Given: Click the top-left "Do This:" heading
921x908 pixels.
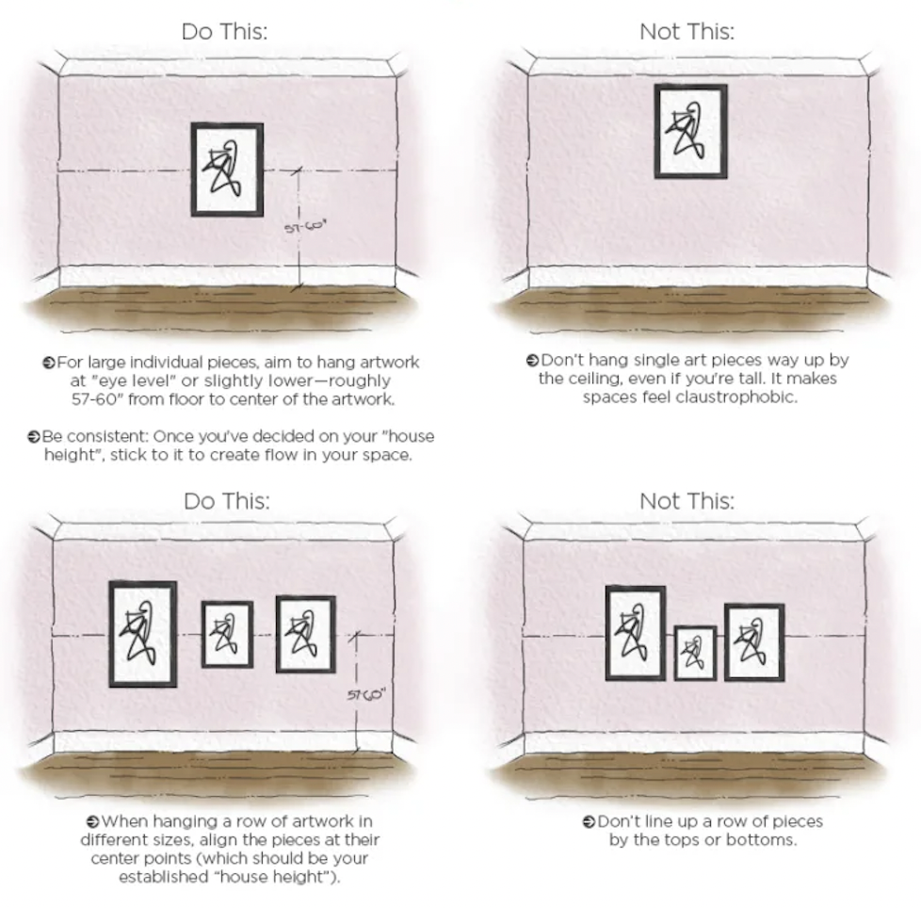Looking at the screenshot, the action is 224,32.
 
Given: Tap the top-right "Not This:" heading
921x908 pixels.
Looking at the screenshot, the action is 687,32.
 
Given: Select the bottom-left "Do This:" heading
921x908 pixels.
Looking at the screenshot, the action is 227,501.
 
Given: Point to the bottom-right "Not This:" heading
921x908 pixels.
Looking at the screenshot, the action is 687,501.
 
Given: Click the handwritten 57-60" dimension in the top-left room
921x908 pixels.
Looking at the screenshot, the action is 305,227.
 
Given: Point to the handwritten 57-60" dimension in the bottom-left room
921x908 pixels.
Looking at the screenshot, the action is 366,695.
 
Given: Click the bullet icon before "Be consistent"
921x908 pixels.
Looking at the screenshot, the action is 34,437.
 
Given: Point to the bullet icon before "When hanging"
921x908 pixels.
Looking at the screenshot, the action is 93,821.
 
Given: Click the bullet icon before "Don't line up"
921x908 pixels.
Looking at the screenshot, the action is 590,821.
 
